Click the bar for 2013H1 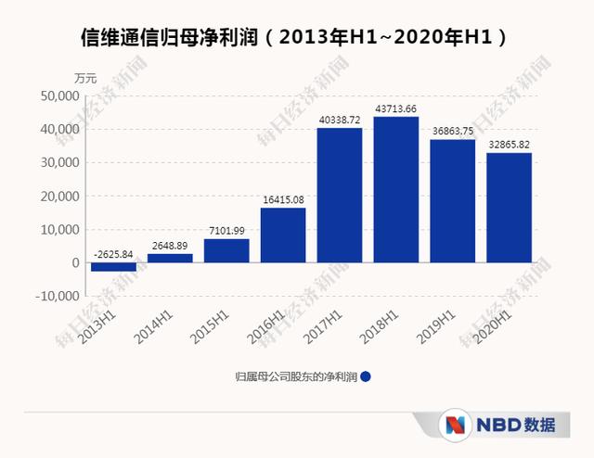tap(113, 267)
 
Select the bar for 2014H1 tap(170, 258)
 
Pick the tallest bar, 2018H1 tap(396, 189)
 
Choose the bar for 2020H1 tap(510, 208)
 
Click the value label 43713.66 tap(396, 109)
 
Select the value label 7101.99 tap(226, 232)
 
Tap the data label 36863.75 tap(453, 133)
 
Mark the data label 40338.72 tap(340, 121)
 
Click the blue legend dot tap(366, 377)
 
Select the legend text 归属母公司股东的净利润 tap(295, 377)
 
